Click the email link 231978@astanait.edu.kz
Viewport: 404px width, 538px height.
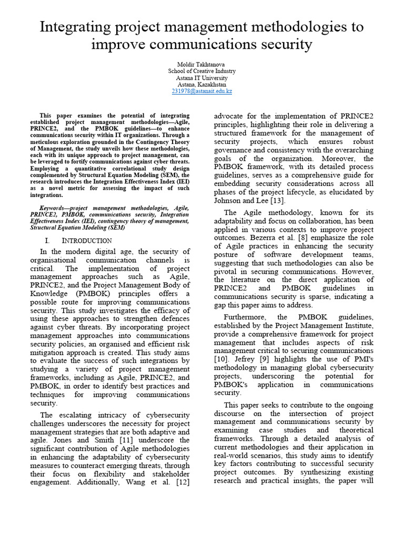[x=201, y=91]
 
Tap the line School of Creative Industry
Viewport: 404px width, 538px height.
[x=201, y=70]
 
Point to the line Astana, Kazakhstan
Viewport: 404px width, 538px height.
[x=201, y=84]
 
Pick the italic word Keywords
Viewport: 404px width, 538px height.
[x=55, y=208]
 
